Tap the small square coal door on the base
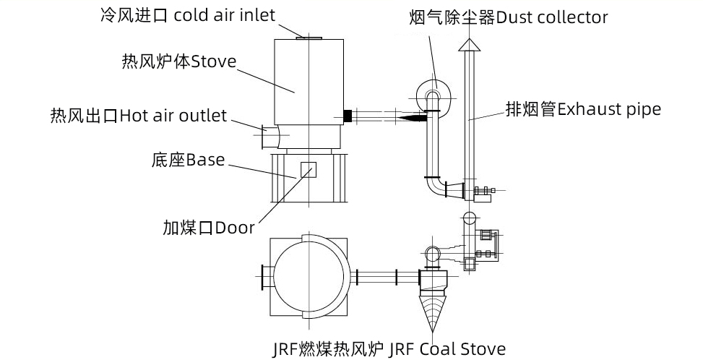click(309, 170)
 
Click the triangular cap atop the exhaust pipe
click(469, 46)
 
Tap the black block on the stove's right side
click(348, 115)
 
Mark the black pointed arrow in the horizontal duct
click(412, 115)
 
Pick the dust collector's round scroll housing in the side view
click(431, 93)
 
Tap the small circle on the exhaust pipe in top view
click(469, 218)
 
